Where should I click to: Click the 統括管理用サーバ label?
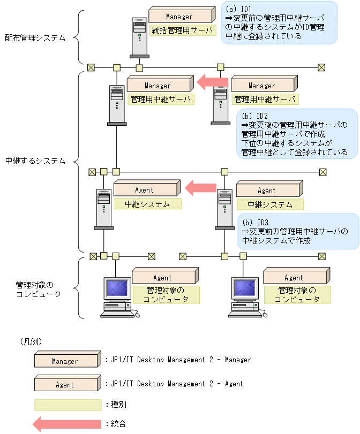click(181, 30)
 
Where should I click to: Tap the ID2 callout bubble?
click(297, 134)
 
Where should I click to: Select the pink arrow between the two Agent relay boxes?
click(200, 188)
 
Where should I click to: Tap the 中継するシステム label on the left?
click(35, 161)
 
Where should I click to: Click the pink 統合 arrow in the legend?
click(66, 424)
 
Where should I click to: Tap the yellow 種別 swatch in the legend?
click(67, 404)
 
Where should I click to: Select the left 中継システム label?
click(147, 204)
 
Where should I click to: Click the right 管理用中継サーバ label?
click(266, 100)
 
